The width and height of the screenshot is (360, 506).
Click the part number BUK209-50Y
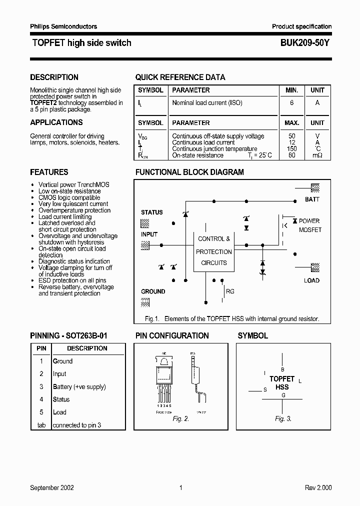pos(301,43)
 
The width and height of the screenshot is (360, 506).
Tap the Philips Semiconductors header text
pos(63,26)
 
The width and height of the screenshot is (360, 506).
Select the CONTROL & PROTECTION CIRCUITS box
pos(214,251)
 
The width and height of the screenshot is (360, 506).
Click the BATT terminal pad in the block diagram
pos(315,188)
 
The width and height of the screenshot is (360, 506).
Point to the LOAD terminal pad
pos(315,267)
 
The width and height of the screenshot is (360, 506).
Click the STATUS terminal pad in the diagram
pos(145,222)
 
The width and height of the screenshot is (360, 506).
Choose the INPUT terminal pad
pos(145,245)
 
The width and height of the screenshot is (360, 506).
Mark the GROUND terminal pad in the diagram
pos(145,302)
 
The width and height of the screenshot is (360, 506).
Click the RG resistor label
pos(230,291)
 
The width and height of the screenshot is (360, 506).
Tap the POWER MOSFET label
pos(309,225)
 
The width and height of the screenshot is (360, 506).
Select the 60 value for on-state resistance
pos(292,155)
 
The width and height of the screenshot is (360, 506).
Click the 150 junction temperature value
pos(292,149)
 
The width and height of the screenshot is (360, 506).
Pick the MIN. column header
pos(292,90)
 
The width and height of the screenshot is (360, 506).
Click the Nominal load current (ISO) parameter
pos(207,103)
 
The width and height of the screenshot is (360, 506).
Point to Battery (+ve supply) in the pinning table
pos(79,386)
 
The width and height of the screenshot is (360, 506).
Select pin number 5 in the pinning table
pos(41,412)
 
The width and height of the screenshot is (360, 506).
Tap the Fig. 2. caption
pos(180,419)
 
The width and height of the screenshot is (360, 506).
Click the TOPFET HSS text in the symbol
pos(282,383)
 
